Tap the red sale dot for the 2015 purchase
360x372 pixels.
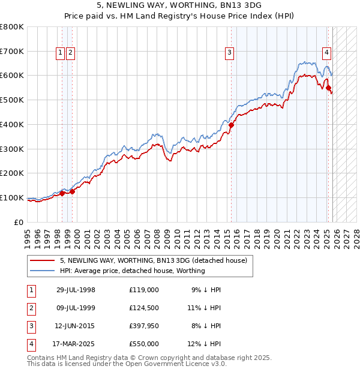tap(231, 125)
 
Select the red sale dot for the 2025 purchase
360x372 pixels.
tap(328, 88)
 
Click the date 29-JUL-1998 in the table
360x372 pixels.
tap(76, 289)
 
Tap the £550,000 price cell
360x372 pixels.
tap(144, 344)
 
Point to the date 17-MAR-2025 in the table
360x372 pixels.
tap(76, 344)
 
